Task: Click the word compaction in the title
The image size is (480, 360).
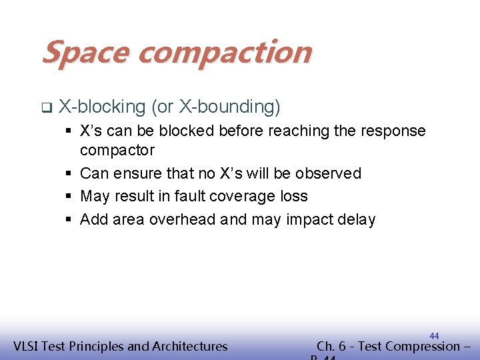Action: (x=223, y=53)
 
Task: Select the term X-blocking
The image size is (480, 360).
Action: (x=102, y=107)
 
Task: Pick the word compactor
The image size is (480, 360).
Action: (x=117, y=150)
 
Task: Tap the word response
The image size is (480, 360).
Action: (x=394, y=131)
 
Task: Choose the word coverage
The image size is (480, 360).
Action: (x=249, y=196)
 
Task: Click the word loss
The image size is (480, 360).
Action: (x=295, y=196)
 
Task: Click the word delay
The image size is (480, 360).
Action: (x=357, y=219)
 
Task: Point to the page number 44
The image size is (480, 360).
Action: (x=434, y=336)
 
